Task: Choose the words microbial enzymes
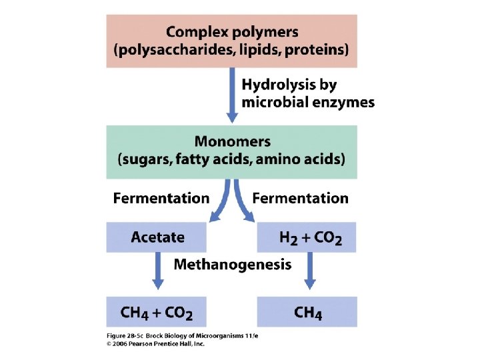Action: tap(308, 103)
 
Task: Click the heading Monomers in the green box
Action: tap(232, 141)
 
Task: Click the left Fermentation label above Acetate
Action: tap(161, 198)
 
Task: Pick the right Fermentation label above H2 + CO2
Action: tap(300, 198)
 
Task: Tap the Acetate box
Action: tap(157, 237)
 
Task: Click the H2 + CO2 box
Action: tap(307, 237)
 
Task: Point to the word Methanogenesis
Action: tap(232, 265)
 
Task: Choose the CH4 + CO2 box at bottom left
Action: tap(157, 311)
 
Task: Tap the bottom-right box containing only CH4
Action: tap(307, 311)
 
